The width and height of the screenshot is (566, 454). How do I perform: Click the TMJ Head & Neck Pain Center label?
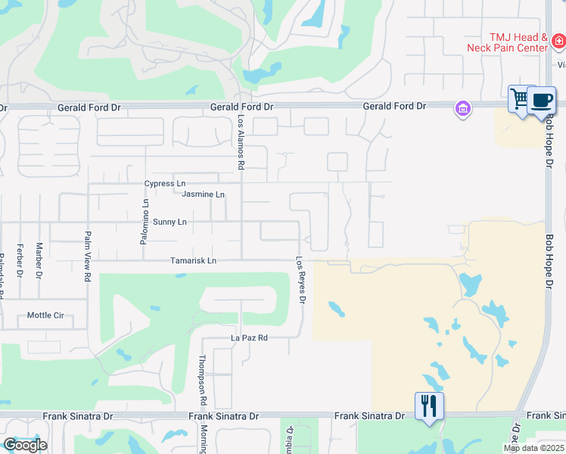[x=518, y=42]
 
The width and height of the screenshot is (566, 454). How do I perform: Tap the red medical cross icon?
[x=558, y=41]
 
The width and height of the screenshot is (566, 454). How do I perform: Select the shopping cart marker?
[x=521, y=99]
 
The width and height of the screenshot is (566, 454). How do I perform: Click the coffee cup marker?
[x=542, y=100]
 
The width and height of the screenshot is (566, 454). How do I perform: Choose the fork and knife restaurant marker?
[x=428, y=406]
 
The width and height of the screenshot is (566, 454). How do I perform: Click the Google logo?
[x=25, y=444]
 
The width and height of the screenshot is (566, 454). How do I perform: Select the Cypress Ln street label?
[x=165, y=184]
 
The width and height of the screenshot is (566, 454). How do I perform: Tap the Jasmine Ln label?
[x=204, y=194]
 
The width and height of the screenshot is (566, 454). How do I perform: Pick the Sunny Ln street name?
[x=169, y=222]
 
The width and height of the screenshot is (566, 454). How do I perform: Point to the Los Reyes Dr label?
[x=301, y=280]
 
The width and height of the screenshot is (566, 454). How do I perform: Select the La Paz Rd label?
[x=250, y=337]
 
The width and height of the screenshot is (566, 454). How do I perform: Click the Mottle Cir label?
[x=45, y=316]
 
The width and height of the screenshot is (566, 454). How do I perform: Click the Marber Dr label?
[x=39, y=261]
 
